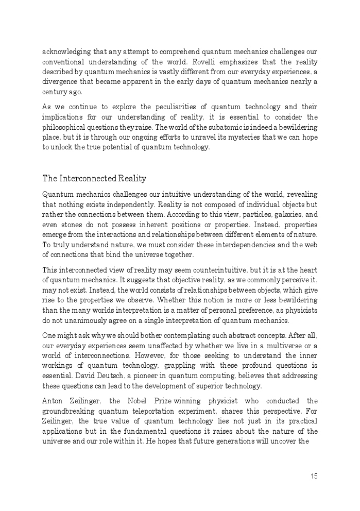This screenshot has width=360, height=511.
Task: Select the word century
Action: point(55,92)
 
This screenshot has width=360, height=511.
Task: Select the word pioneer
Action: point(133,376)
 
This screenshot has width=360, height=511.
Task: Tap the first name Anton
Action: point(54,401)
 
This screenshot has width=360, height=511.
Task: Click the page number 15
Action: point(314,476)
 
